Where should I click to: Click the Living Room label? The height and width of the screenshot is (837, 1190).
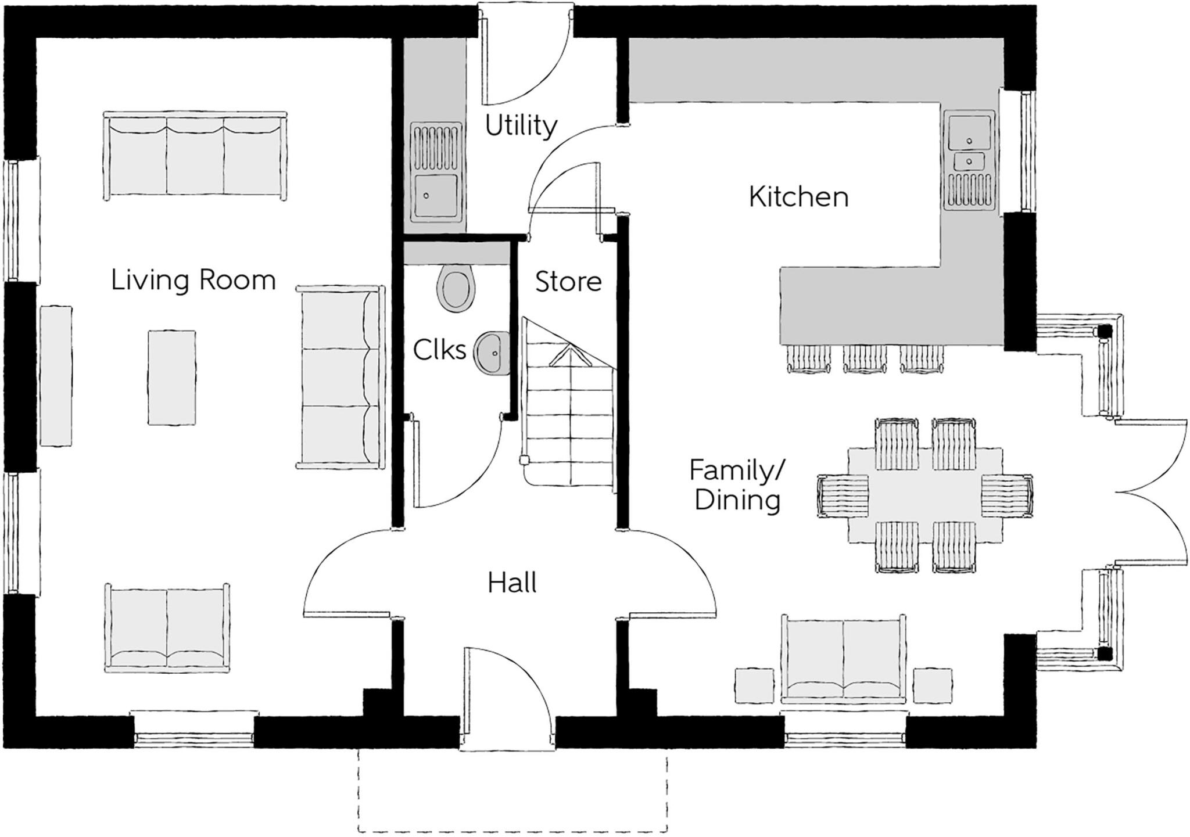(x=193, y=281)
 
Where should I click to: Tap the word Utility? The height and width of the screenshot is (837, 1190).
(x=521, y=125)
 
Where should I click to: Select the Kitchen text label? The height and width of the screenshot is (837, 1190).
(x=798, y=197)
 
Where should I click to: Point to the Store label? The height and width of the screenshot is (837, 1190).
(x=568, y=282)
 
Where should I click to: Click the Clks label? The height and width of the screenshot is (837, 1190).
(x=439, y=350)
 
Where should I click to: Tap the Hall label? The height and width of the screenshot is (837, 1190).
(x=511, y=583)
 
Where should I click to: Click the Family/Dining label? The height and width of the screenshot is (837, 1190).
(x=737, y=485)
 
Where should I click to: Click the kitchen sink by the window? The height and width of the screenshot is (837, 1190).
(x=969, y=134)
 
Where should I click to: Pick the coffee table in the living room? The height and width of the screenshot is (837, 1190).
(x=171, y=378)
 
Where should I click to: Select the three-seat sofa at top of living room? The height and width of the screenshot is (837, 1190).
(x=195, y=157)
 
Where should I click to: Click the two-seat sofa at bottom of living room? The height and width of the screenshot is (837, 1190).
(x=167, y=627)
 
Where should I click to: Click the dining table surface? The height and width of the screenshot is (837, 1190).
(x=925, y=495)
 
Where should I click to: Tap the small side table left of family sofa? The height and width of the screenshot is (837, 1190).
(x=754, y=685)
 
